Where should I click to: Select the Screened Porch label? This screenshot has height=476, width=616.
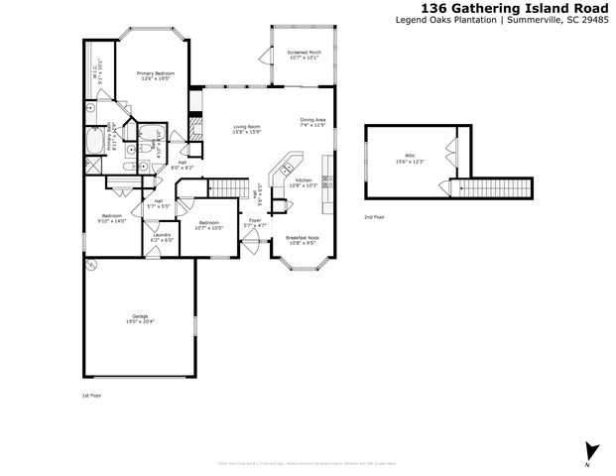pyautogui.click(x=304, y=54)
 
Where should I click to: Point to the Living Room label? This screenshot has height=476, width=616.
pyautogui.click(x=247, y=129)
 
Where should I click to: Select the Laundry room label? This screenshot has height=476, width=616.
pyautogui.click(x=162, y=237)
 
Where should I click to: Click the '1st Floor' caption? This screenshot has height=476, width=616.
pyautogui.click(x=92, y=396)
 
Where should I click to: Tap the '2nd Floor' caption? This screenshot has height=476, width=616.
pyautogui.click(x=375, y=216)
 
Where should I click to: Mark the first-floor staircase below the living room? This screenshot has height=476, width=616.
pyautogui.click(x=230, y=187)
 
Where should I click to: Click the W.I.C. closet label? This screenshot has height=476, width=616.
pyautogui.click(x=96, y=71)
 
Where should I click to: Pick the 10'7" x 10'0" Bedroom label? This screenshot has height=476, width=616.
pyautogui.click(x=209, y=225)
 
